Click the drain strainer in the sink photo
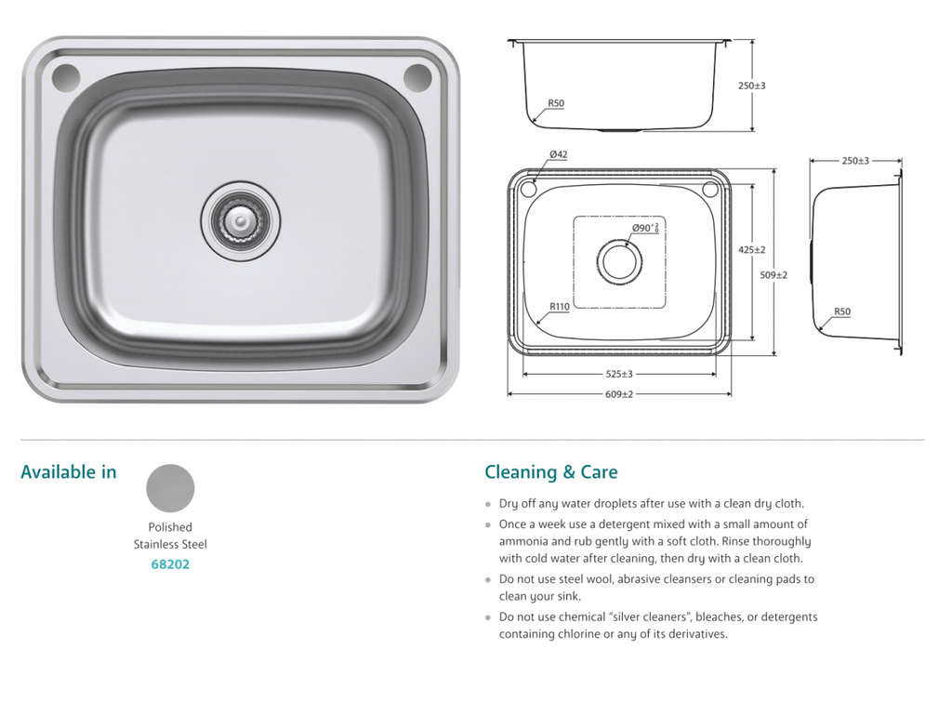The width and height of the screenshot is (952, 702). pyautogui.click(x=240, y=220)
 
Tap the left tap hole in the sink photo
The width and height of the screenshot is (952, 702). pyautogui.click(x=64, y=77)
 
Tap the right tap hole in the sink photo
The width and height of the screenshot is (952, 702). pyautogui.click(x=417, y=77)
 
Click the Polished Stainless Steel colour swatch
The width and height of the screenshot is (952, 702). pyautogui.click(x=170, y=488)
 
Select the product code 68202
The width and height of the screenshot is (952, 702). pyautogui.click(x=170, y=563)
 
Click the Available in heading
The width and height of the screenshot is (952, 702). pyautogui.click(x=69, y=472)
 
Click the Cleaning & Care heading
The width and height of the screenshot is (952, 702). pyautogui.click(x=550, y=472)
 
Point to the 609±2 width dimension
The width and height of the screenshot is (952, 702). pyautogui.click(x=618, y=394)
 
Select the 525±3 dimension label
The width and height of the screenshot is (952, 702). pyautogui.click(x=618, y=374)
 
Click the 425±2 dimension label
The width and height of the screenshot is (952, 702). pyautogui.click(x=751, y=250)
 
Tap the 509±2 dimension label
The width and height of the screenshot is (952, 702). pyautogui.click(x=773, y=275)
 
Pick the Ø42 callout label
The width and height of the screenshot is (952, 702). pyautogui.click(x=558, y=154)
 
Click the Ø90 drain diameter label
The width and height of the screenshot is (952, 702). pyautogui.click(x=644, y=228)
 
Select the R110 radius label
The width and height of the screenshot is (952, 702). pyautogui.click(x=559, y=306)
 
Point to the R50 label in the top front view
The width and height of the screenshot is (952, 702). pyautogui.click(x=556, y=103)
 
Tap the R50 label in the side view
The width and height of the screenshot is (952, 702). pyautogui.click(x=841, y=312)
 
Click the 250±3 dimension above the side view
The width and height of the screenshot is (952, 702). pyautogui.click(x=854, y=161)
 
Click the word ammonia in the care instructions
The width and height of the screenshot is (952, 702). pyautogui.click(x=526, y=541)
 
